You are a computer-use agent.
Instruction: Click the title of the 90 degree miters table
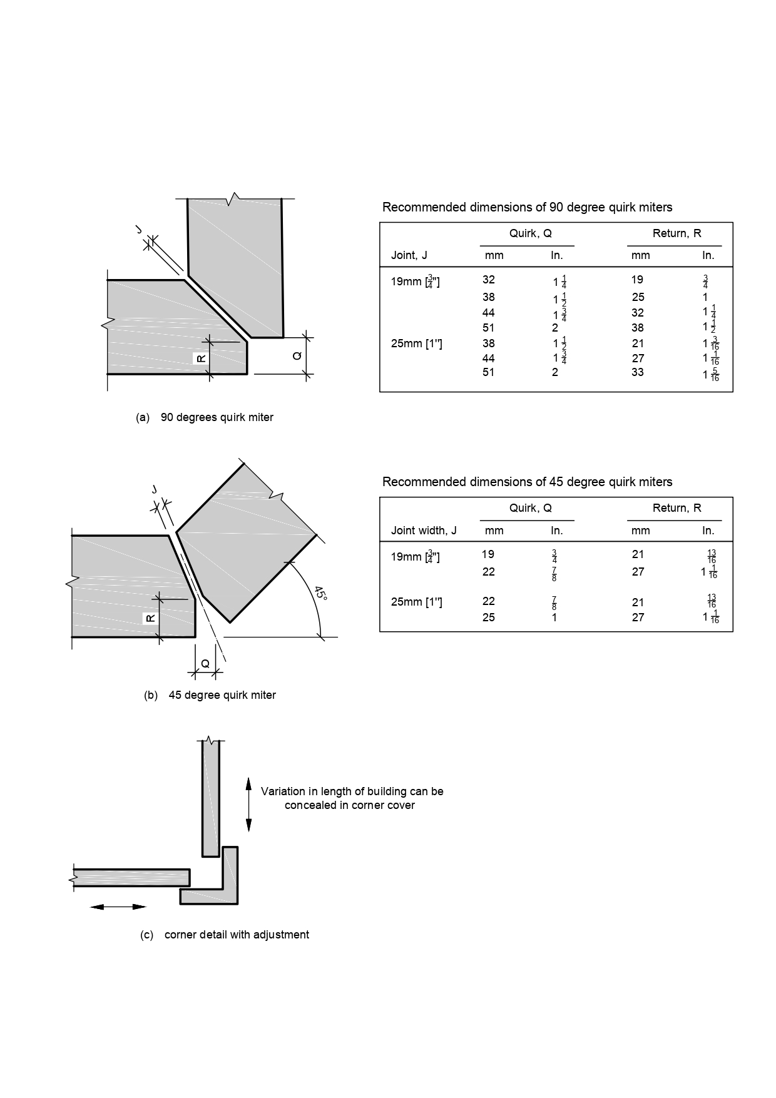(527, 207)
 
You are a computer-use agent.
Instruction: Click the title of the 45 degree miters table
(527, 482)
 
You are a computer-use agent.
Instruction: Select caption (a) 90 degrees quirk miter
(205, 417)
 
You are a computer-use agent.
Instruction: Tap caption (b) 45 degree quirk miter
(210, 695)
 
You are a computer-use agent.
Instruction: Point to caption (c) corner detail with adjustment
(224, 935)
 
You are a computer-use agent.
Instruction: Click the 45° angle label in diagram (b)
(320, 593)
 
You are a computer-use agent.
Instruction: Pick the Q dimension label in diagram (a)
(297, 356)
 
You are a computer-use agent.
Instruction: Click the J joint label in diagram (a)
(139, 230)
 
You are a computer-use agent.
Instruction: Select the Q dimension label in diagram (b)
(205, 664)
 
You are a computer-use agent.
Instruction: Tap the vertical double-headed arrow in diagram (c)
(248, 805)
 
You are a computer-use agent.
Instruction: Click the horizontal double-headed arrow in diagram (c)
(118, 907)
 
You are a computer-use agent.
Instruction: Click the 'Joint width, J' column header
(424, 531)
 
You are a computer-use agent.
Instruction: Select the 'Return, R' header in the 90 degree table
(676, 233)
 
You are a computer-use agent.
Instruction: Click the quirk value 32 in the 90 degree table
(489, 280)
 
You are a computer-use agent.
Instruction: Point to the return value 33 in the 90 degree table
(638, 372)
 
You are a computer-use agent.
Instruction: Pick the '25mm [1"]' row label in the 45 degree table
(416, 602)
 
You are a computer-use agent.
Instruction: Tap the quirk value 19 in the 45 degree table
(488, 554)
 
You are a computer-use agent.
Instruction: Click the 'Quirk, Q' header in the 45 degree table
(530, 508)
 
